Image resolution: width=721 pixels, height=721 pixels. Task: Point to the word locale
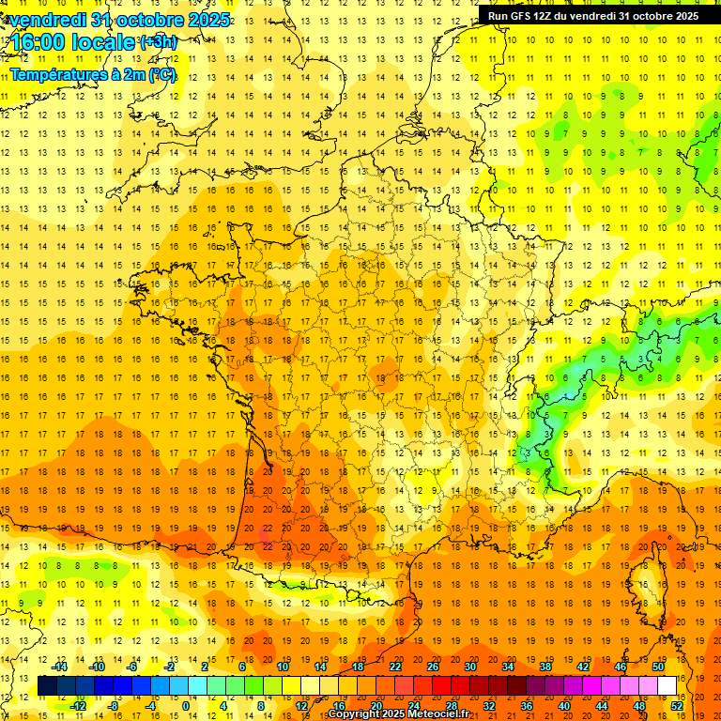pos(108,42)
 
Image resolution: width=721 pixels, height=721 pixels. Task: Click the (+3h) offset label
pos(157,41)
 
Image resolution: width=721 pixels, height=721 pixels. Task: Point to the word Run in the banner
pos(499,15)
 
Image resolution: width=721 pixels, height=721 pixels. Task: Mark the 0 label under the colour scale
pos(186,706)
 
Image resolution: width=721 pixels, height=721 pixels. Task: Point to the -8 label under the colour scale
pos(115,706)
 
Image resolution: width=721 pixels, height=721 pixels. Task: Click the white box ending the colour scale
pos(667,686)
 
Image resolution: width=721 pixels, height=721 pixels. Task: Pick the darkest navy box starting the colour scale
pos(47,686)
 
